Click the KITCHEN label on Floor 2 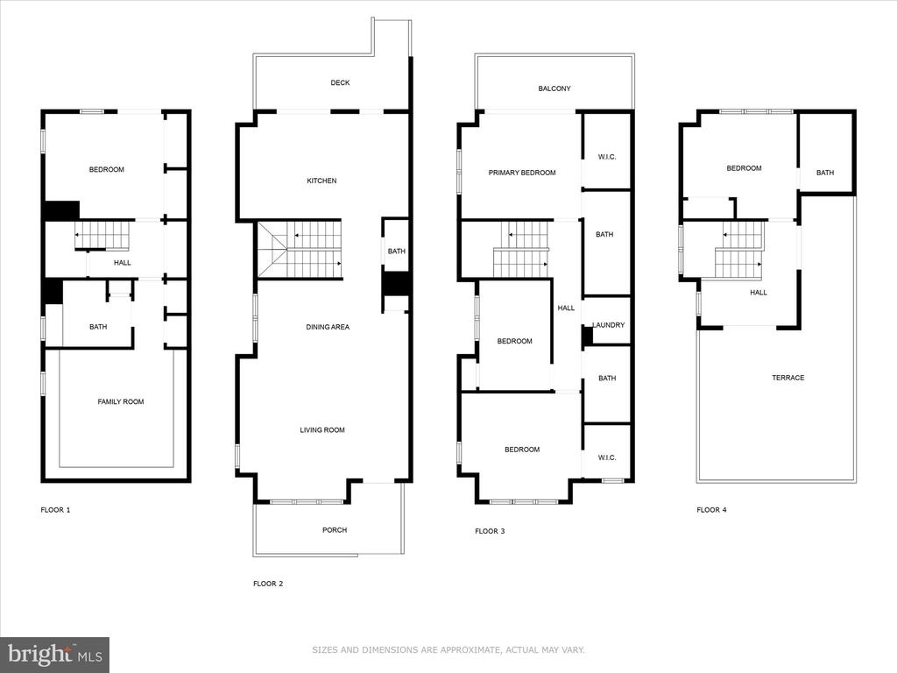tap(321, 181)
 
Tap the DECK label tap(340, 83)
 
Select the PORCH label tap(335, 530)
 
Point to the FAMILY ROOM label tap(121, 401)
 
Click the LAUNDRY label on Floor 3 tap(608, 325)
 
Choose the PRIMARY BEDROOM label tap(522, 173)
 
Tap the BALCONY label tap(554, 89)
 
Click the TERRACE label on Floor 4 tap(788, 378)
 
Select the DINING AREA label tap(328, 328)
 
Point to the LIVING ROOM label tap(322, 430)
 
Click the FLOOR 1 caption tap(55, 510)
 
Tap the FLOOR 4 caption tap(711, 510)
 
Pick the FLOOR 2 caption tap(268, 584)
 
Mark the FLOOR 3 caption tap(490, 531)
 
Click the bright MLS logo tap(54, 655)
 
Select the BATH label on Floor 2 tap(397, 251)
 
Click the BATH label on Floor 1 tap(98, 327)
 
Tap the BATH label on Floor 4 tap(825, 173)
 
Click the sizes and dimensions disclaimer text tap(448, 650)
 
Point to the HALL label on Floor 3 tap(566, 308)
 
